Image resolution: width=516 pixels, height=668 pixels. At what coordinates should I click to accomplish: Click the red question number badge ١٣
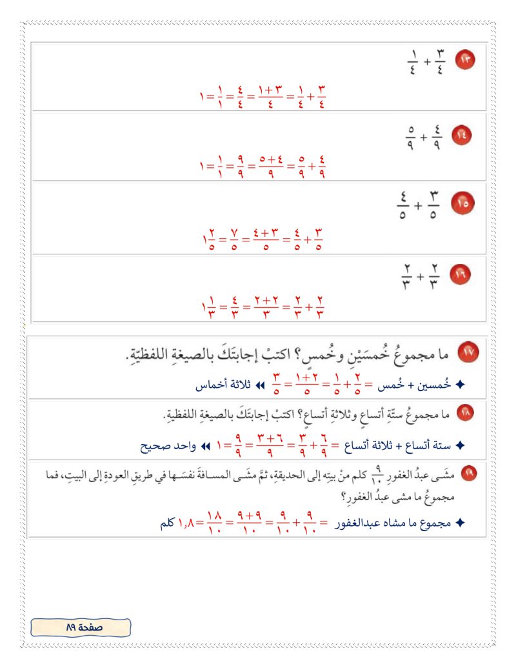tap(464, 61)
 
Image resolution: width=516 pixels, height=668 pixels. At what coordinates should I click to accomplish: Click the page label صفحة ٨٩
tap(80, 626)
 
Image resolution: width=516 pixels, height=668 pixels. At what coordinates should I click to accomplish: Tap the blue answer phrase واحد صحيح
tap(164, 446)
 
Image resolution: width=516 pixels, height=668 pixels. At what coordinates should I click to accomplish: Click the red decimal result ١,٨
tap(187, 524)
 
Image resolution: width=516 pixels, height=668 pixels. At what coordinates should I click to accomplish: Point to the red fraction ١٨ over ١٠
tap(217, 524)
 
